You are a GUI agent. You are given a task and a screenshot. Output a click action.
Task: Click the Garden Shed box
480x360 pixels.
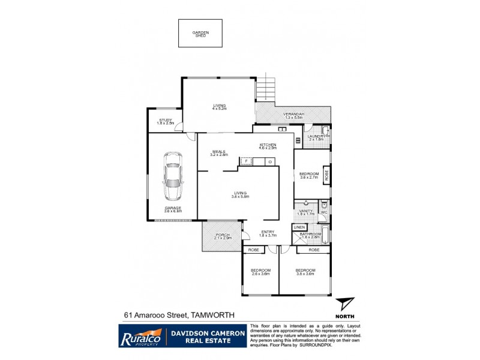200,34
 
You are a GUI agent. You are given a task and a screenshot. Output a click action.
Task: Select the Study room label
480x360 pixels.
165,120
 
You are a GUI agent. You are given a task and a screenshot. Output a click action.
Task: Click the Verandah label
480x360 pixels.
294,114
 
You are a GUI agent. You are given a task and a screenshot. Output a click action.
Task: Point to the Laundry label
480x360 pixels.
316,136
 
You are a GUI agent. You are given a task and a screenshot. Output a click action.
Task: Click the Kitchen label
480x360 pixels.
268,145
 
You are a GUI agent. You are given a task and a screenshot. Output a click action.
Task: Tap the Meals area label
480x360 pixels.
218,152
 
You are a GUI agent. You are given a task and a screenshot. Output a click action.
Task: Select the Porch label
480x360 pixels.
222,235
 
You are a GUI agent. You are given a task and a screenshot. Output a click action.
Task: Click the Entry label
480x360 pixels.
268,233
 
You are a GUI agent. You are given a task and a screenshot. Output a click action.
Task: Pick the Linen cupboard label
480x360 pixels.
299,227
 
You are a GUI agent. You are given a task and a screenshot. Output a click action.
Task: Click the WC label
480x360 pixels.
323,212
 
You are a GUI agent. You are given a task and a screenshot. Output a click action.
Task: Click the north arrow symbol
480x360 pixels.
344,304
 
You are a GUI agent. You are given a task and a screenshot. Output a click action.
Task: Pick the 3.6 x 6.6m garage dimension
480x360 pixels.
173,211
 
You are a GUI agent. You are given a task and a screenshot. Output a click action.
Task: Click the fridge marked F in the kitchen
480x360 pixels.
245,161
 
